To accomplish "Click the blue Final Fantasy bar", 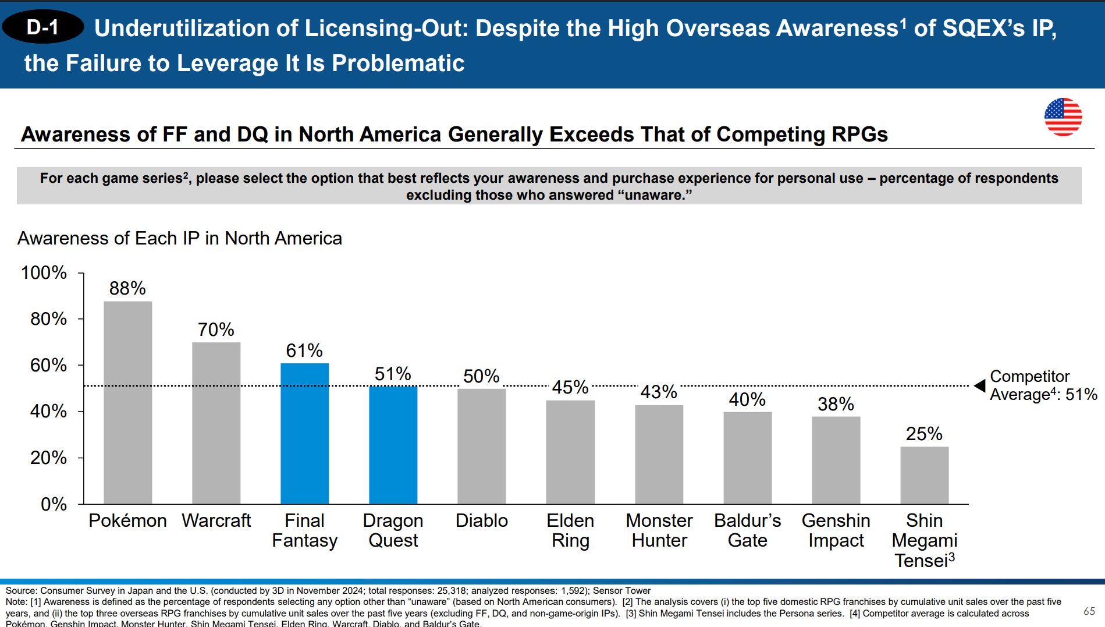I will (x=304, y=433).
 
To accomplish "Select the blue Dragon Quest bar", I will (x=393, y=445).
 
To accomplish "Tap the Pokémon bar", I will (x=127, y=402).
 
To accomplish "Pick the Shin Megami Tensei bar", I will (x=924, y=475).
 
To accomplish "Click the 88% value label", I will (x=127, y=288).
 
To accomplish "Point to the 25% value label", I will (x=923, y=434).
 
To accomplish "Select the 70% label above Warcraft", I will (x=216, y=330).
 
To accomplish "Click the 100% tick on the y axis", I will (x=44, y=272).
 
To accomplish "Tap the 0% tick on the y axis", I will (x=54, y=504).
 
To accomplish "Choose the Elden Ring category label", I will (x=570, y=530).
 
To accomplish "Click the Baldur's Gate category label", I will (x=748, y=530).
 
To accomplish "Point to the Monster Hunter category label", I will (x=659, y=530).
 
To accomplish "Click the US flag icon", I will (x=1063, y=117).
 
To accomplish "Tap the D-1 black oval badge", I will (x=42, y=27).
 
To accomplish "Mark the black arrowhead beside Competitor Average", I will (x=980, y=385).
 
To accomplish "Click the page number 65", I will (x=1089, y=611).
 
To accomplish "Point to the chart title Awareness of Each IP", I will (x=180, y=238).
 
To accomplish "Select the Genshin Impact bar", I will (x=836, y=460).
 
